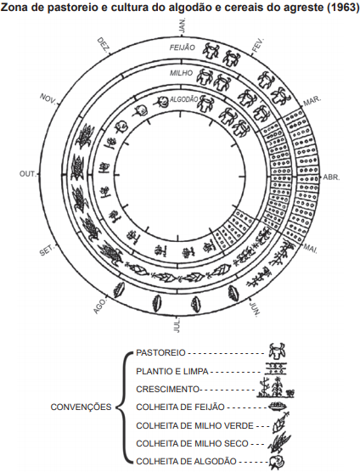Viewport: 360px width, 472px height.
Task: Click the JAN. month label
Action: coord(183,25)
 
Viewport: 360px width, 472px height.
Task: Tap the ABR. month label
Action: coord(331,177)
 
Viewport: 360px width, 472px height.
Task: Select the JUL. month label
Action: coord(177,325)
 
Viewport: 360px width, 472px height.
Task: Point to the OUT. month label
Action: coord(28,174)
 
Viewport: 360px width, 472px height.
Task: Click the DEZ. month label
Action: coord(104,44)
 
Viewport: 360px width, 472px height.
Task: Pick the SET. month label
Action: coord(48,250)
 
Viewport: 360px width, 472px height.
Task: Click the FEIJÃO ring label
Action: coord(182,48)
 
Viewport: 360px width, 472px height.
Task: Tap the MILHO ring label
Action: coord(181,73)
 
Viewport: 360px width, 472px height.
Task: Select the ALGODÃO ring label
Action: coord(184,99)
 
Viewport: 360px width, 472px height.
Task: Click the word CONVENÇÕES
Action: coord(81,407)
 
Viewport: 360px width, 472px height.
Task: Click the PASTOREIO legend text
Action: coord(160,353)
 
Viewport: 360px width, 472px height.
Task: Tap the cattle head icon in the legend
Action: coord(278,351)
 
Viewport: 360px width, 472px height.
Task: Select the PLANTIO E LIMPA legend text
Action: coord(172,372)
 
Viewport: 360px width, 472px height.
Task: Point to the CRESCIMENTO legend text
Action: coord(167,389)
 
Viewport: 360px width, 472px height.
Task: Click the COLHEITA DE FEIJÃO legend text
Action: coord(180,407)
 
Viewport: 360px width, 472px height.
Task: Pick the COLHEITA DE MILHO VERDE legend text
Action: coord(194,426)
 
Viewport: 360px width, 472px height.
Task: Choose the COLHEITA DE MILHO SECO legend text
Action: coord(193,444)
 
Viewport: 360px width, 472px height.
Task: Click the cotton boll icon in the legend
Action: coord(277,463)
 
